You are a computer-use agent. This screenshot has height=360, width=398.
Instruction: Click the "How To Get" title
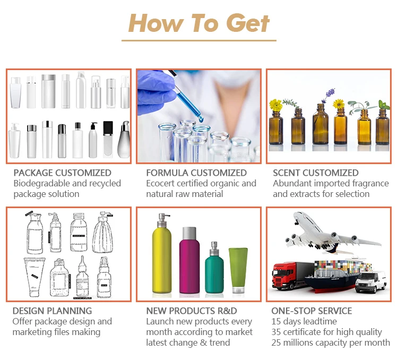pyautogui.click(x=199, y=23)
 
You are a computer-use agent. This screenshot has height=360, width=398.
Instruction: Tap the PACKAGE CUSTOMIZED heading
pyautogui.click(x=62, y=173)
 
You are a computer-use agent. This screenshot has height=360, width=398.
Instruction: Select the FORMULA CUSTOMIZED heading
pyautogui.click(x=196, y=173)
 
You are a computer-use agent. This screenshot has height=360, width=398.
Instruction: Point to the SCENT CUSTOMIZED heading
pyautogui.click(x=315, y=173)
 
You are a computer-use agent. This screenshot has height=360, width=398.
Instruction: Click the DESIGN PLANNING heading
pyautogui.click(x=52, y=311)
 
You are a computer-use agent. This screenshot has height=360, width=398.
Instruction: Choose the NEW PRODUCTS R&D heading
pyautogui.click(x=192, y=311)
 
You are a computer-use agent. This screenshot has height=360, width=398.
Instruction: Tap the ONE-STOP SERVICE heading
pyautogui.click(x=312, y=311)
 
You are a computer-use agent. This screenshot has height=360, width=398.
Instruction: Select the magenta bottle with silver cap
pyautogui.click(x=189, y=263)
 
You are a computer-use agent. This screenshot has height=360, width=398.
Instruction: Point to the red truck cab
pyautogui.click(x=283, y=276)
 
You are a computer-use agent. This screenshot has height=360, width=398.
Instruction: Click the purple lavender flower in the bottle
pyautogui.click(x=324, y=96)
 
